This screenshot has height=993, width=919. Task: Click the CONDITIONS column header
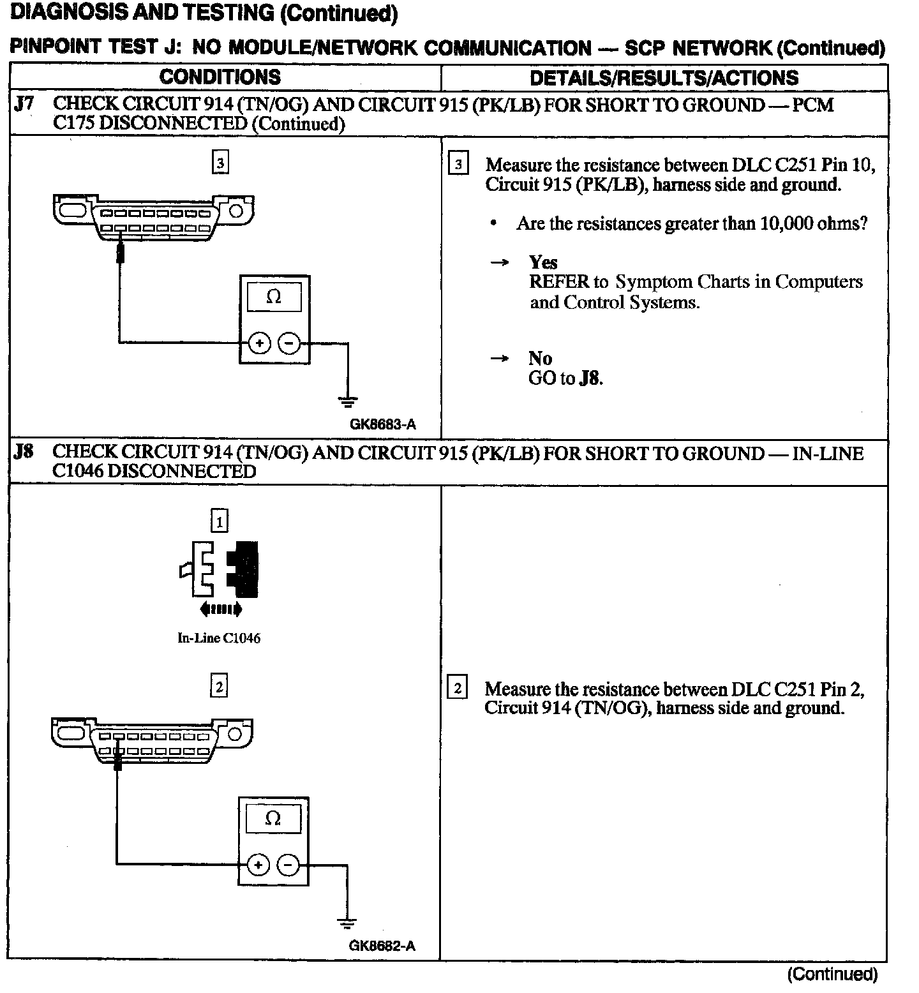(x=220, y=77)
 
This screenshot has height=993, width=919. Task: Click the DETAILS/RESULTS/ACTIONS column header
(x=664, y=78)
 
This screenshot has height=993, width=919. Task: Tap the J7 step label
(x=24, y=104)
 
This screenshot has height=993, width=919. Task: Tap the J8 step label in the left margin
(x=24, y=452)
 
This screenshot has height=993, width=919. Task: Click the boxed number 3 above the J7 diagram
(x=220, y=163)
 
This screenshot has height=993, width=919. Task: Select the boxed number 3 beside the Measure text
(x=458, y=165)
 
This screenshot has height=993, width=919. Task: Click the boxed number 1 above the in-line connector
(x=220, y=522)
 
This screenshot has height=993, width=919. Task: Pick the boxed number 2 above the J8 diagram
(x=220, y=687)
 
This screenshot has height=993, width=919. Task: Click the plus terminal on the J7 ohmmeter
(x=259, y=343)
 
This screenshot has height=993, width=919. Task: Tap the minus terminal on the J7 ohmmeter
(x=290, y=343)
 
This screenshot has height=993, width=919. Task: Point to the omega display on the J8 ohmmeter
(x=273, y=818)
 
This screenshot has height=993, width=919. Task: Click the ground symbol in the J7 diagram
(x=348, y=401)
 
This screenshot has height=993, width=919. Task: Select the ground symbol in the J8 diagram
(x=347, y=923)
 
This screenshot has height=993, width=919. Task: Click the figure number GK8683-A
(x=382, y=424)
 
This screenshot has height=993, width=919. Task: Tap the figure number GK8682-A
(x=382, y=946)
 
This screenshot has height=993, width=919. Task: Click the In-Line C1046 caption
(x=219, y=638)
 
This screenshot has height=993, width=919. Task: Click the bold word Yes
(x=543, y=262)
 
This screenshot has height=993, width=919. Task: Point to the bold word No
(x=540, y=358)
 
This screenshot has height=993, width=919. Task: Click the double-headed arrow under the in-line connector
(x=220, y=609)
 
